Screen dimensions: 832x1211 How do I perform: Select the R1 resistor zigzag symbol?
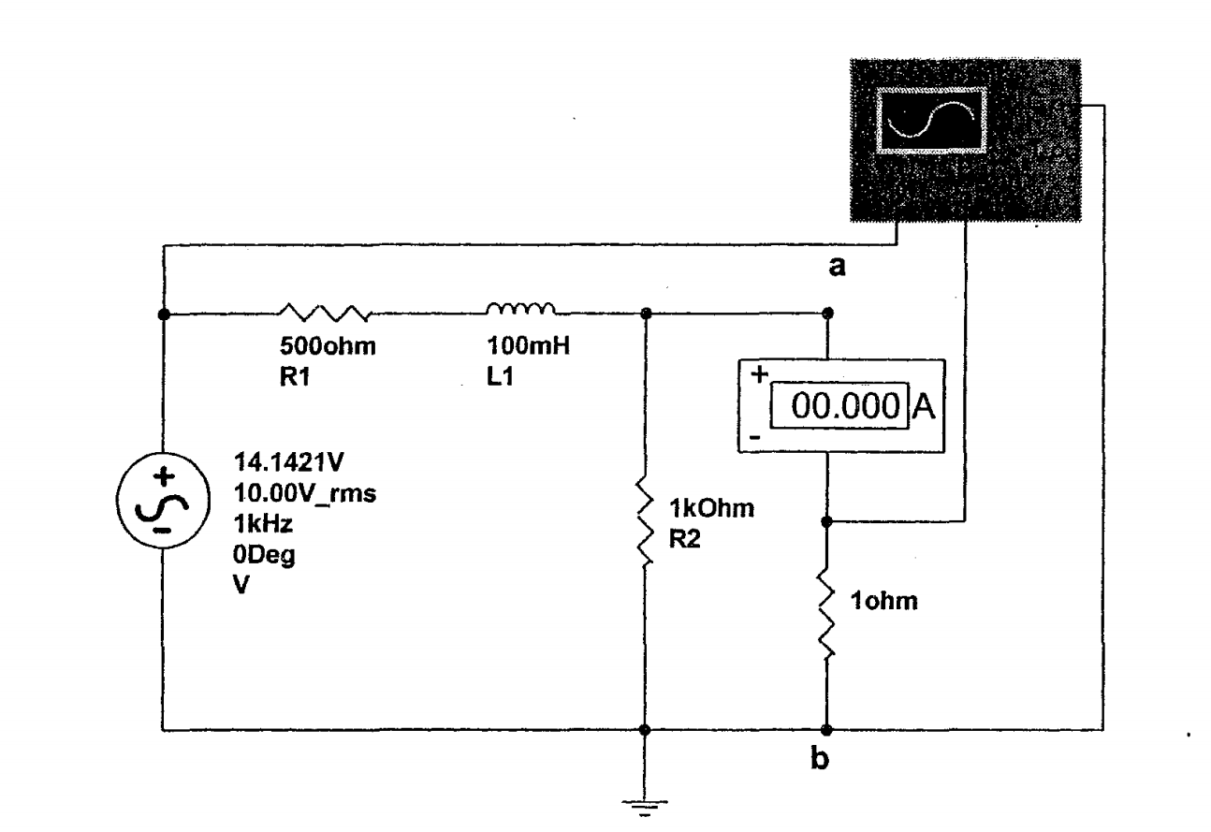point(325,313)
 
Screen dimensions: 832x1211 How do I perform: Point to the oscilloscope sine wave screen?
point(931,121)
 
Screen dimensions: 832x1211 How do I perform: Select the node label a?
point(838,268)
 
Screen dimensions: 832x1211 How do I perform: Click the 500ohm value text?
point(324,347)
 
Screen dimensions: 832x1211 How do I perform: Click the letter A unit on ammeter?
point(925,407)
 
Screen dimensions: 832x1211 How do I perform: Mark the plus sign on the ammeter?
point(759,373)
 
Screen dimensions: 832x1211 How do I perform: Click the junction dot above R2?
point(644,314)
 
